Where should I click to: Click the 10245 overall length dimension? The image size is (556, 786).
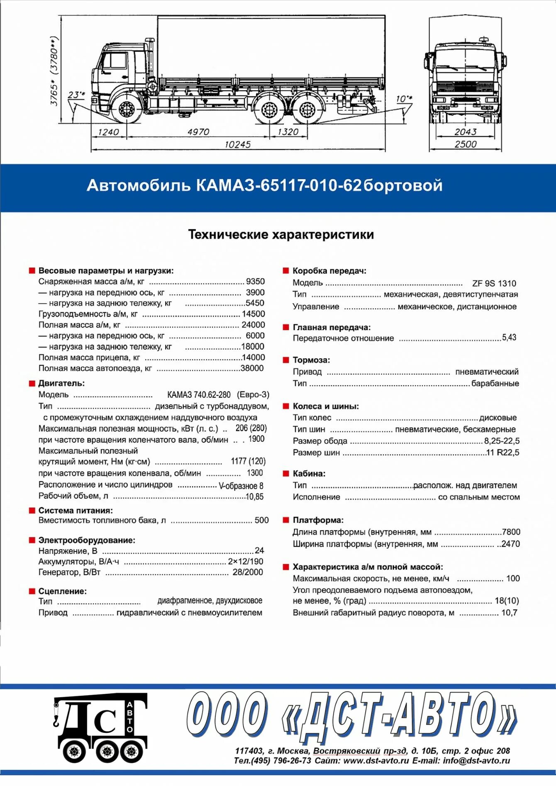pyautogui.click(x=238, y=144)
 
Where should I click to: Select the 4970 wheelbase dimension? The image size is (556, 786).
pyautogui.click(x=198, y=132)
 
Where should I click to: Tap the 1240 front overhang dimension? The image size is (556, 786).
pyautogui.click(x=108, y=132)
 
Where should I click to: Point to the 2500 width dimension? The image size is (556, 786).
pyautogui.click(x=465, y=144)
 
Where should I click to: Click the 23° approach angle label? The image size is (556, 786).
pyautogui.click(x=76, y=95)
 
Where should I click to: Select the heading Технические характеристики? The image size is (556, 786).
pyautogui.click(x=281, y=234)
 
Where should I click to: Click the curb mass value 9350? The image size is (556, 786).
pyautogui.click(x=255, y=281)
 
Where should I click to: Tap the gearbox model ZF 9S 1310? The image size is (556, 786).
pyautogui.click(x=494, y=283)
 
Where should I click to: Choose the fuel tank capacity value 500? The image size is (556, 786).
pyautogui.click(x=261, y=520)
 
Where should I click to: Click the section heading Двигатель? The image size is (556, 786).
pyautogui.click(x=61, y=383)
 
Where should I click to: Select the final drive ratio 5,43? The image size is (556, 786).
pyautogui.click(x=509, y=337)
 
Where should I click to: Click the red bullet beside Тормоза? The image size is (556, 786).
pyautogui.click(x=285, y=360)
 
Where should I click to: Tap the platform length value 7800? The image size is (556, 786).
pyautogui.click(x=511, y=532)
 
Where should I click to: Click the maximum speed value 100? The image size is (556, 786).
pyautogui.click(x=513, y=578)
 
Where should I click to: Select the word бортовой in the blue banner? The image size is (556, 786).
pyautogui.click(x=403, y=185)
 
